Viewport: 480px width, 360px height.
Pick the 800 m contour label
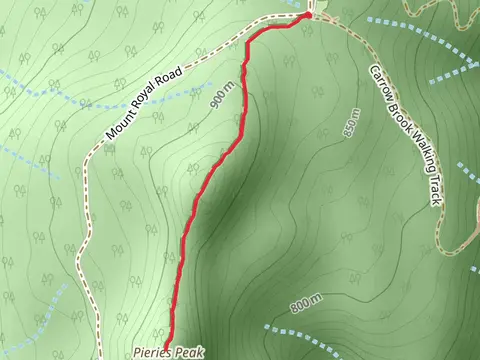tap(306, 304)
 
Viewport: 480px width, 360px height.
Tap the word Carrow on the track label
tap(382, 87)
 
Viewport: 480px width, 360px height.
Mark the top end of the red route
tap(310, 15)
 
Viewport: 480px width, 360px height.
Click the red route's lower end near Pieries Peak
tap(165, 343)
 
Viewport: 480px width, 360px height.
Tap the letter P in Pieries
tap(137, 353)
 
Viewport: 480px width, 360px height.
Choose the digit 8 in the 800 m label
tap(294, 310)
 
